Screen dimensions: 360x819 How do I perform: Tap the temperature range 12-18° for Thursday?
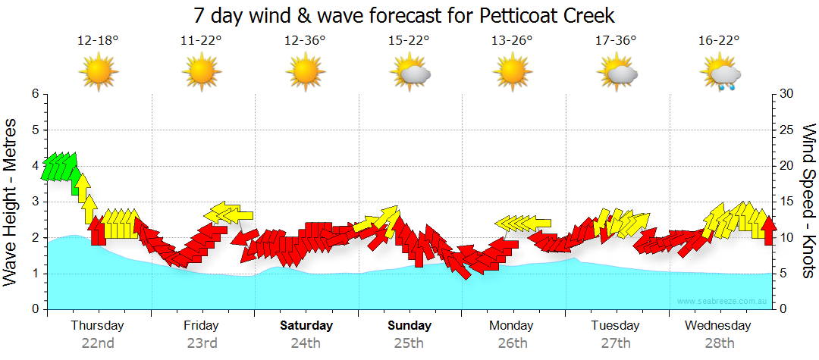(x=98, y=41)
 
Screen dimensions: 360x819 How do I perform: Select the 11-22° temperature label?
(x=201, y=41)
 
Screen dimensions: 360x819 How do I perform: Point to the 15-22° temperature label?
(x=409, y=41)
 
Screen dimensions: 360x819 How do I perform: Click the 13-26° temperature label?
(x=512, y=41)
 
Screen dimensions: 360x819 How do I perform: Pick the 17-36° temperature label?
(x=616, y=41)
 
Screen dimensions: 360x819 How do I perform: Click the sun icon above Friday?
(x=201, y=74)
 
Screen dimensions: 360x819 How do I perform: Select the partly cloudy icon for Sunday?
(x=409, y=74)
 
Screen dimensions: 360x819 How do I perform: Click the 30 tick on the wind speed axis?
(x=786, y=94)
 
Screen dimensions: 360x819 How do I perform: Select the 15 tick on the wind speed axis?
(x=786, y=202)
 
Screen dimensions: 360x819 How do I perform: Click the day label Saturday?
(x=306, y=326)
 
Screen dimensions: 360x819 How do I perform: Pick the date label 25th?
(x=409, y=343)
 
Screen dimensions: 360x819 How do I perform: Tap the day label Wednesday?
(x=717, y=326)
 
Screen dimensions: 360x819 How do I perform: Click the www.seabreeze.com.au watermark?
(x=723, y=301)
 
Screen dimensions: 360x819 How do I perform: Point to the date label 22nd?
(x=98, y=343)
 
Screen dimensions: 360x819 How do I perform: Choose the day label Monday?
(x=512, y=326)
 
